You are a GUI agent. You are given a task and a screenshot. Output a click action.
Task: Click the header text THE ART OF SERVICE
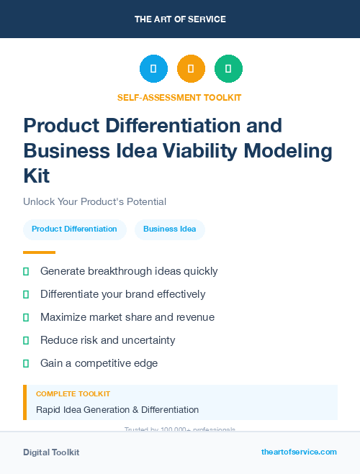pyautogui.click(x=180, y=19)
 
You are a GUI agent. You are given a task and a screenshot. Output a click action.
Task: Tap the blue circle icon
pyautogui.click(x=153, y=69)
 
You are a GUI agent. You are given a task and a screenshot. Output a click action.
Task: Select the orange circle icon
pyautogui.click(x=191, y=69)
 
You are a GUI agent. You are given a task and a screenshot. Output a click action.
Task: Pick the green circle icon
pyautogui.click(x=228, y=69)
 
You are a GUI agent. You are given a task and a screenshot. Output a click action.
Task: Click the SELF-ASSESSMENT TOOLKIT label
pyautogui.click(x=180, y=98)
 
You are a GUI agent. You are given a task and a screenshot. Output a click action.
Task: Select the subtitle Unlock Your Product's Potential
pyautogui.click(x=94, y=202)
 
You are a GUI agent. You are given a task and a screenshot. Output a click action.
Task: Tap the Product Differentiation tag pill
pyautogui.click(x=74, y=229)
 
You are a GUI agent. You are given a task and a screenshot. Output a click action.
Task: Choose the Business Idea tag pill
pyautogui.click(x=169, y=229)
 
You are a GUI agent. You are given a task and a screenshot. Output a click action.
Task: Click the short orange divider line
pyautogui.click(x=39, y=252)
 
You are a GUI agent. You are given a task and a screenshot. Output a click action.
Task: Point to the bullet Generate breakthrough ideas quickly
pyautogui.click(x=129, y=271)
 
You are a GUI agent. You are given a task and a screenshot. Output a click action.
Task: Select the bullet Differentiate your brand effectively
pyautogui.click(x=122, y=294)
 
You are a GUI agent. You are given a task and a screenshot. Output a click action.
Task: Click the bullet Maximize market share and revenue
pyautogui.click(x=127, y=317)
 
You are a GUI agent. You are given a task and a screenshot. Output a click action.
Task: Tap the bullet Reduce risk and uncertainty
pyautogui.click(x=107, y=340)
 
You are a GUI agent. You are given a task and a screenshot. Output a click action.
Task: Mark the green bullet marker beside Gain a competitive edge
pyautogui.click(x=26, y=363)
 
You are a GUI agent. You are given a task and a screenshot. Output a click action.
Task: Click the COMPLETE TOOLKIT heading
pyautogui.click(x=73, y=394)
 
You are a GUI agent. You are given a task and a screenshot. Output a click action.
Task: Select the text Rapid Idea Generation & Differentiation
pyautogui.click(x=117, y=410)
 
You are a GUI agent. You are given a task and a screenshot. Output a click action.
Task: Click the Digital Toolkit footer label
pyautogui.click(x=51, y=452)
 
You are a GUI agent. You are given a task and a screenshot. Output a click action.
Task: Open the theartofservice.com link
pyautogui.click(x=299, y=452)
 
